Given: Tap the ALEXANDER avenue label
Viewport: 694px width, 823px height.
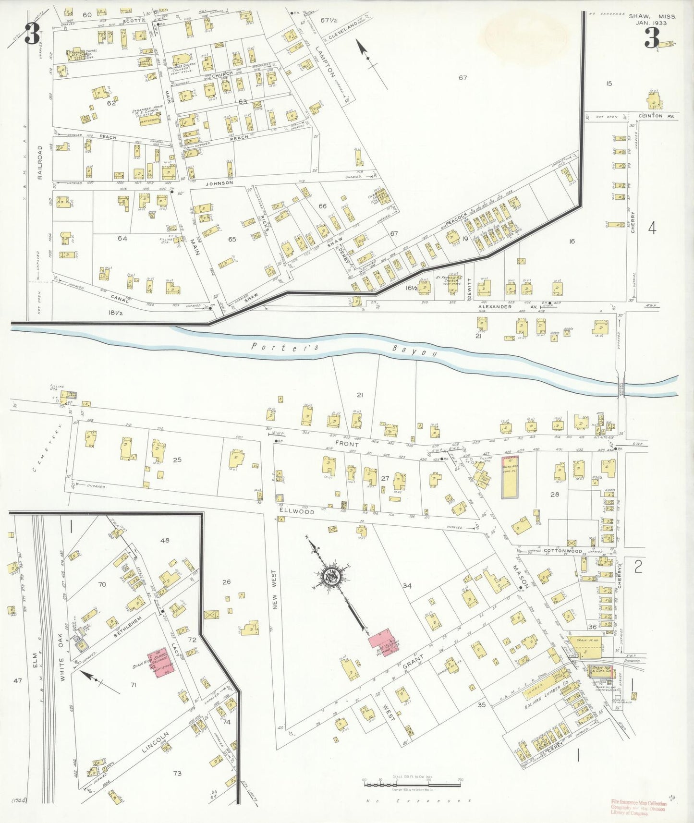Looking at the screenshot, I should coord(495,306).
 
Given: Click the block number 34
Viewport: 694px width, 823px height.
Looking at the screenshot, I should coord(407,585).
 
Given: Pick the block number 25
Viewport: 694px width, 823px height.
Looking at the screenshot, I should coord(177,460).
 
